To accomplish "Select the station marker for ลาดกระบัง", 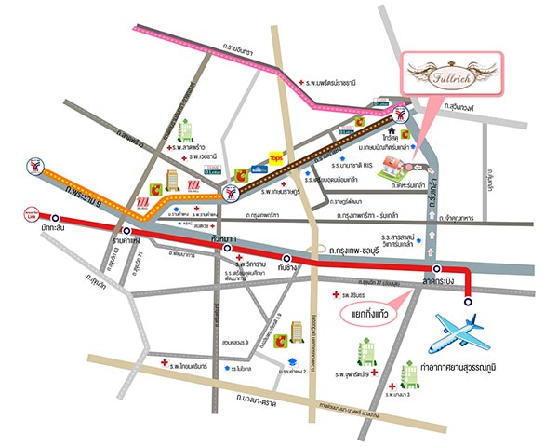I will (436, 269).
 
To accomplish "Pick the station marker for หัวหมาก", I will (227, 249).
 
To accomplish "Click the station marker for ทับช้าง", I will (286, 259).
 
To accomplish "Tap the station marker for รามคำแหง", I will (125, 229).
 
